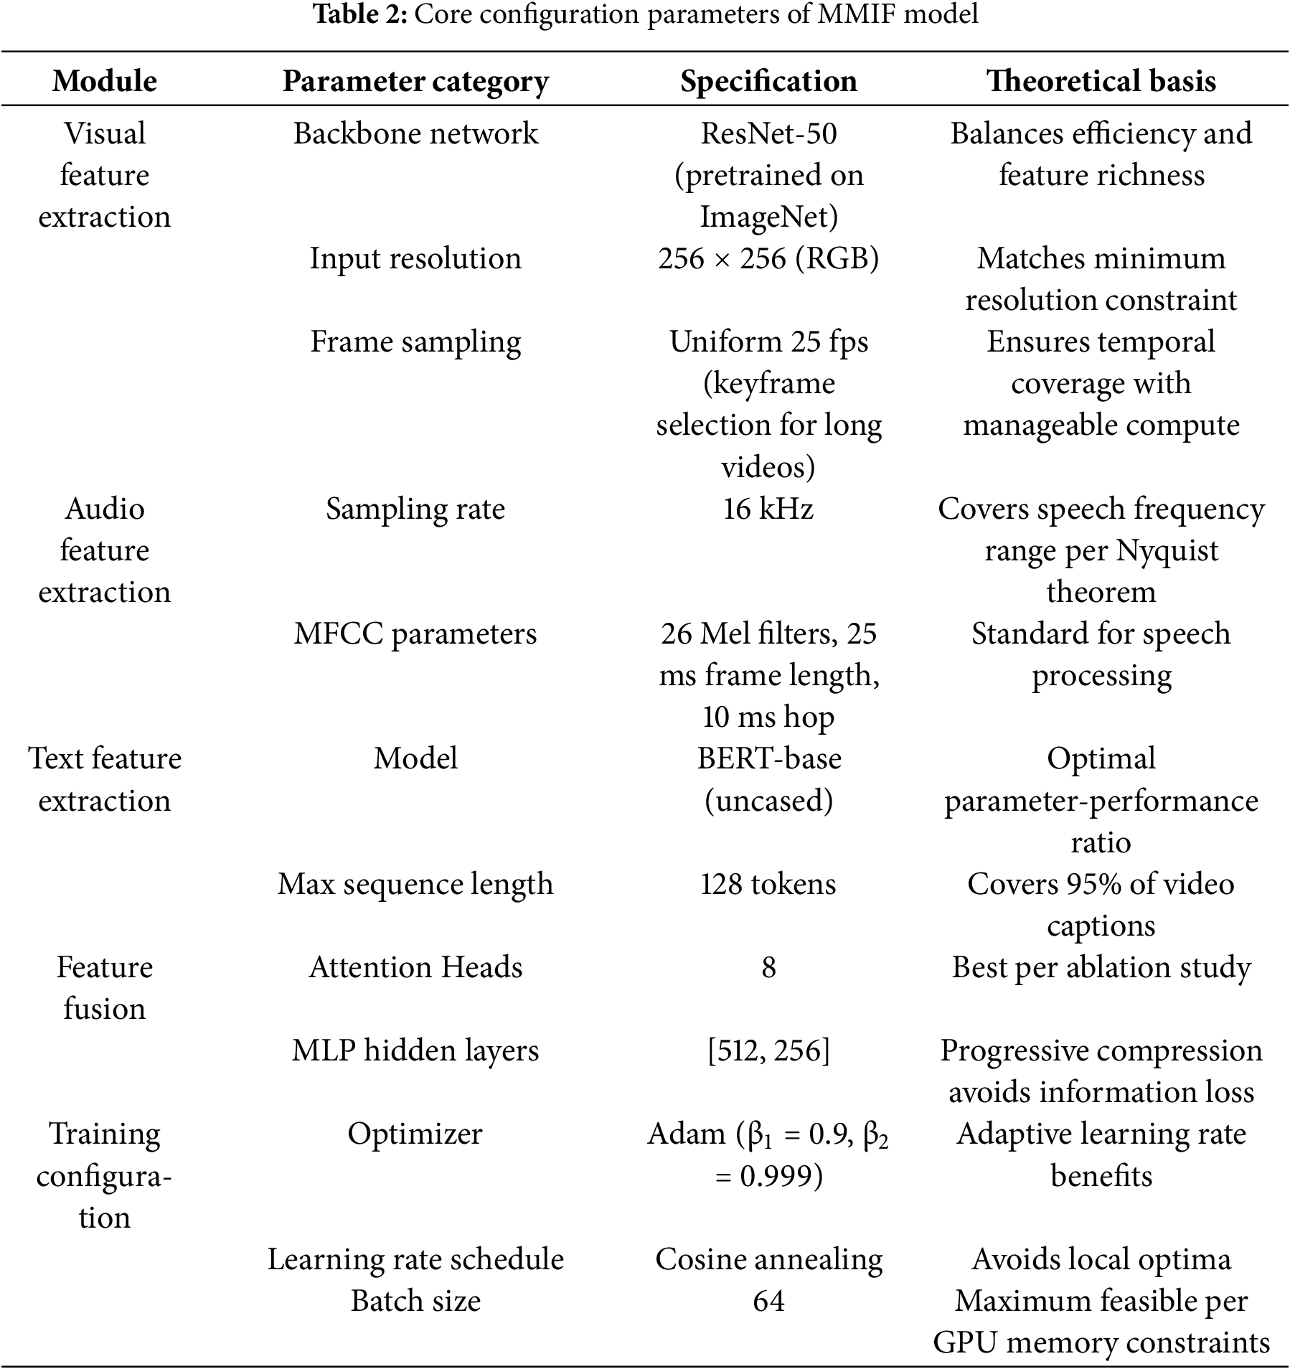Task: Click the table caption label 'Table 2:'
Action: tap(360, 15)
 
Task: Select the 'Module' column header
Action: tap(105, 81)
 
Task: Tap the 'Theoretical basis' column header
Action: tap(1101, 81)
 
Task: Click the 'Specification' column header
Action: tap(768, 81)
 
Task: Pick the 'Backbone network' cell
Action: tap(415, 133)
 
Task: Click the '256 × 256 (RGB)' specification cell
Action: tap(768, 258)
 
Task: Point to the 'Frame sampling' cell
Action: tap(415, 342)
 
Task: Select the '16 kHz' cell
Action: tap(768, 509)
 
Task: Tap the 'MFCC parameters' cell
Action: tap(415, 634)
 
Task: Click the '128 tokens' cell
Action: tap(768, 884)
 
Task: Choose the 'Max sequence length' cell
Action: tap(415, 884)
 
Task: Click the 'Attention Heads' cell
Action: tap(415, 967)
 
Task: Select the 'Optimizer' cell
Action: tap(415, 1134)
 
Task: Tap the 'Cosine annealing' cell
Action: tap(768, 1259)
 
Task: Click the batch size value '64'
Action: tap(768, 1301)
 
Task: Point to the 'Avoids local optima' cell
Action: tap(1101, 1259)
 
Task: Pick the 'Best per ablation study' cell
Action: tap(1101, 967)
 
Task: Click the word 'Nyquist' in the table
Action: tap(1167, 551)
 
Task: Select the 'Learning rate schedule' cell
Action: tap(415, 1259)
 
